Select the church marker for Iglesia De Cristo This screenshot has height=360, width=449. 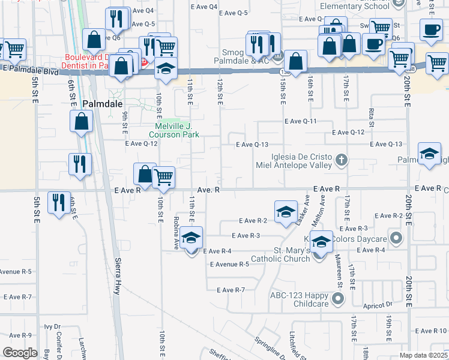click(x=342, y=160)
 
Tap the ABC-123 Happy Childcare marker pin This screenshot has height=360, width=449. click(x=338, y=296)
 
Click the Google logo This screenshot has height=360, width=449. click(x=19, y=353)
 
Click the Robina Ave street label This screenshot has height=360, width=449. click(x=177, y=232)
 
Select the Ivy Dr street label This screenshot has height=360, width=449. click(x=53, y=327)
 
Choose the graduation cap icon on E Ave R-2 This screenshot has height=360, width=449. click(x=286, y=211)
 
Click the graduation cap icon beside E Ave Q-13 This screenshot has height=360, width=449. click(x=429, y=154)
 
